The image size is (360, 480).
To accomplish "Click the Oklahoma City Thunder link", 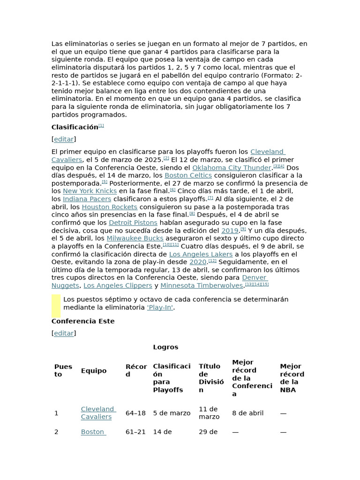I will (x=232, y=168).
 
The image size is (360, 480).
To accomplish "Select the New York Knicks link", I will (x=90, y=191).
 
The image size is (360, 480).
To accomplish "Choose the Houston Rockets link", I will (x=110, y=207).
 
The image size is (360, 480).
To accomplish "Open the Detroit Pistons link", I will (x=133, y=223).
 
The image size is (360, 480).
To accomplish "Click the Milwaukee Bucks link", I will (x=135, y=239).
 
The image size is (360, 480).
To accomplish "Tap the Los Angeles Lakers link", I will (x=201, y=255).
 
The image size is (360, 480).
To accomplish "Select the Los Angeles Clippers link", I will (x=118, y=286).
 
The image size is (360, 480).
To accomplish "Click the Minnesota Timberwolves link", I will (x=202, y=286).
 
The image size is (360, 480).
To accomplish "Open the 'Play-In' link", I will (x=160, y=307).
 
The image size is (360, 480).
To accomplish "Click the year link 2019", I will (x=230, y=231).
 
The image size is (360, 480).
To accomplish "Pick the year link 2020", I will (x=198, y=262).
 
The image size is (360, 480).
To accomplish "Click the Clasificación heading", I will (x=75, y=127).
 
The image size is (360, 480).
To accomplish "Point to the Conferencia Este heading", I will (x=83, y=322).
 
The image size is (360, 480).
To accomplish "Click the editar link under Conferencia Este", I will (x=64, y=333).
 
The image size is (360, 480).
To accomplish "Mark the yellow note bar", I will (x=56, y=306).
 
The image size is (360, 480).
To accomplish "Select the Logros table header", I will (x=165, y=347).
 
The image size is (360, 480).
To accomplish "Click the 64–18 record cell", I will (x=135, y=413).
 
